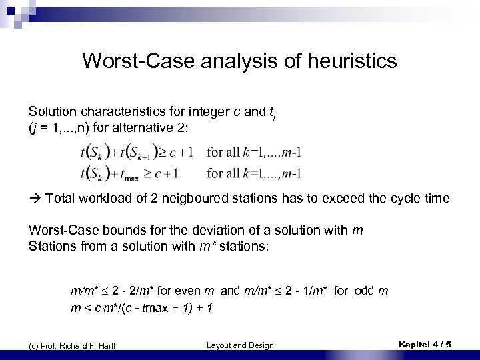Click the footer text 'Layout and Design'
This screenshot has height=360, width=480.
(x=240, y=345)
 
